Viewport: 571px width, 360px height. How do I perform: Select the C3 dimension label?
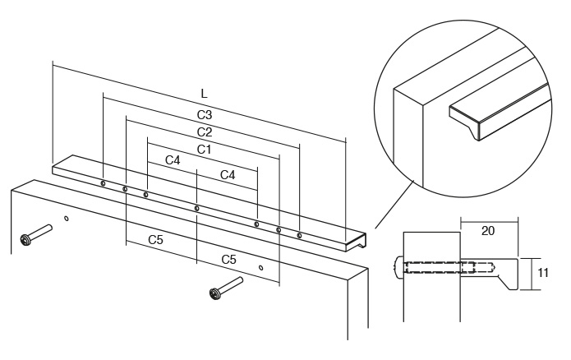[205, 113]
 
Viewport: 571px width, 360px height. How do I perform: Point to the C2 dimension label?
[205, 132]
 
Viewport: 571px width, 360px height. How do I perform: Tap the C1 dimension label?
[205, 150]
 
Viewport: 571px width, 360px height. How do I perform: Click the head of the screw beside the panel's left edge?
[26, 241]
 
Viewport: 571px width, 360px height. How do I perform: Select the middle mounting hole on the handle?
[197, 208]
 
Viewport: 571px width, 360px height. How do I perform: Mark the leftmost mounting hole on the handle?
[103, 183]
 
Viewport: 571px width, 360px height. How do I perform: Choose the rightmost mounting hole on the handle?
[299, 236]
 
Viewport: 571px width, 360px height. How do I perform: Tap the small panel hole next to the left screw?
[67, 220]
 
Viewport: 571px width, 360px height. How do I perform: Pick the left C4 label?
[173, 161]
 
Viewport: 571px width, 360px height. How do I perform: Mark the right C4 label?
[228, 175]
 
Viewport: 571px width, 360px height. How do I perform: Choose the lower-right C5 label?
[229, 259]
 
